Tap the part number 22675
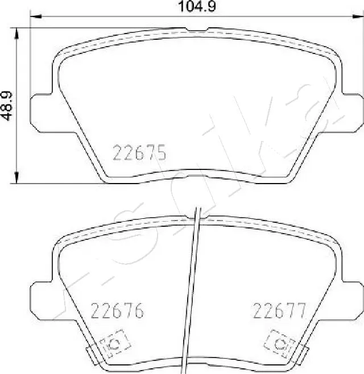tap(140, 153)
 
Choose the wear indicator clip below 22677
tap(280, 343)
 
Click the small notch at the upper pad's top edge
tap(196, 30)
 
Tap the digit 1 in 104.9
tap(182, 7)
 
